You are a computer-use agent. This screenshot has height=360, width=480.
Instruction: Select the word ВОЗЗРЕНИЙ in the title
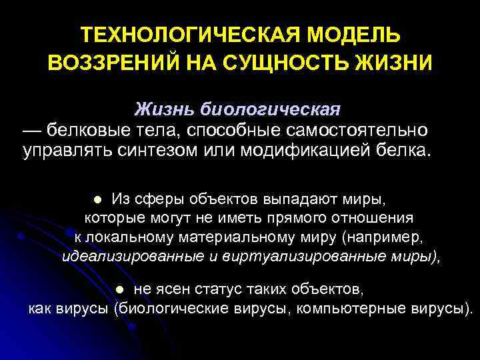tap(107, 63)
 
